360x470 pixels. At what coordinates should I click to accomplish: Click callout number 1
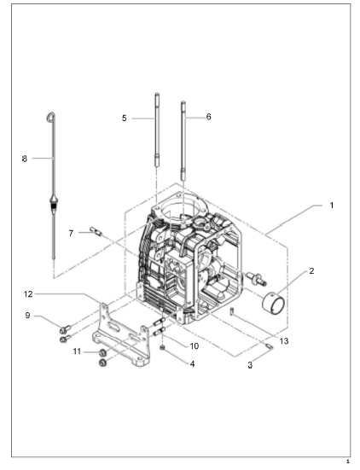click(332, 206)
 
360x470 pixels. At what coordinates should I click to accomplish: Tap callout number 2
click(311, 271)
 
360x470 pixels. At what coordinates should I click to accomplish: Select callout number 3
click(250, 365)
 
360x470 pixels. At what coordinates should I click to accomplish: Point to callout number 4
click(193, 364)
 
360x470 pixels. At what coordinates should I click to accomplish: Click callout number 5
click(124, 119)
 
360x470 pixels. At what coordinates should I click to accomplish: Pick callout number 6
click(209, 117)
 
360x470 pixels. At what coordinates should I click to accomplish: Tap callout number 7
click(71, 233)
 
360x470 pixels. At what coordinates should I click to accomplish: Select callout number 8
click(25, 159)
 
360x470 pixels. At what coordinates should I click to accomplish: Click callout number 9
click(27, 316)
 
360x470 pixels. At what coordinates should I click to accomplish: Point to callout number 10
click(195, 346)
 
